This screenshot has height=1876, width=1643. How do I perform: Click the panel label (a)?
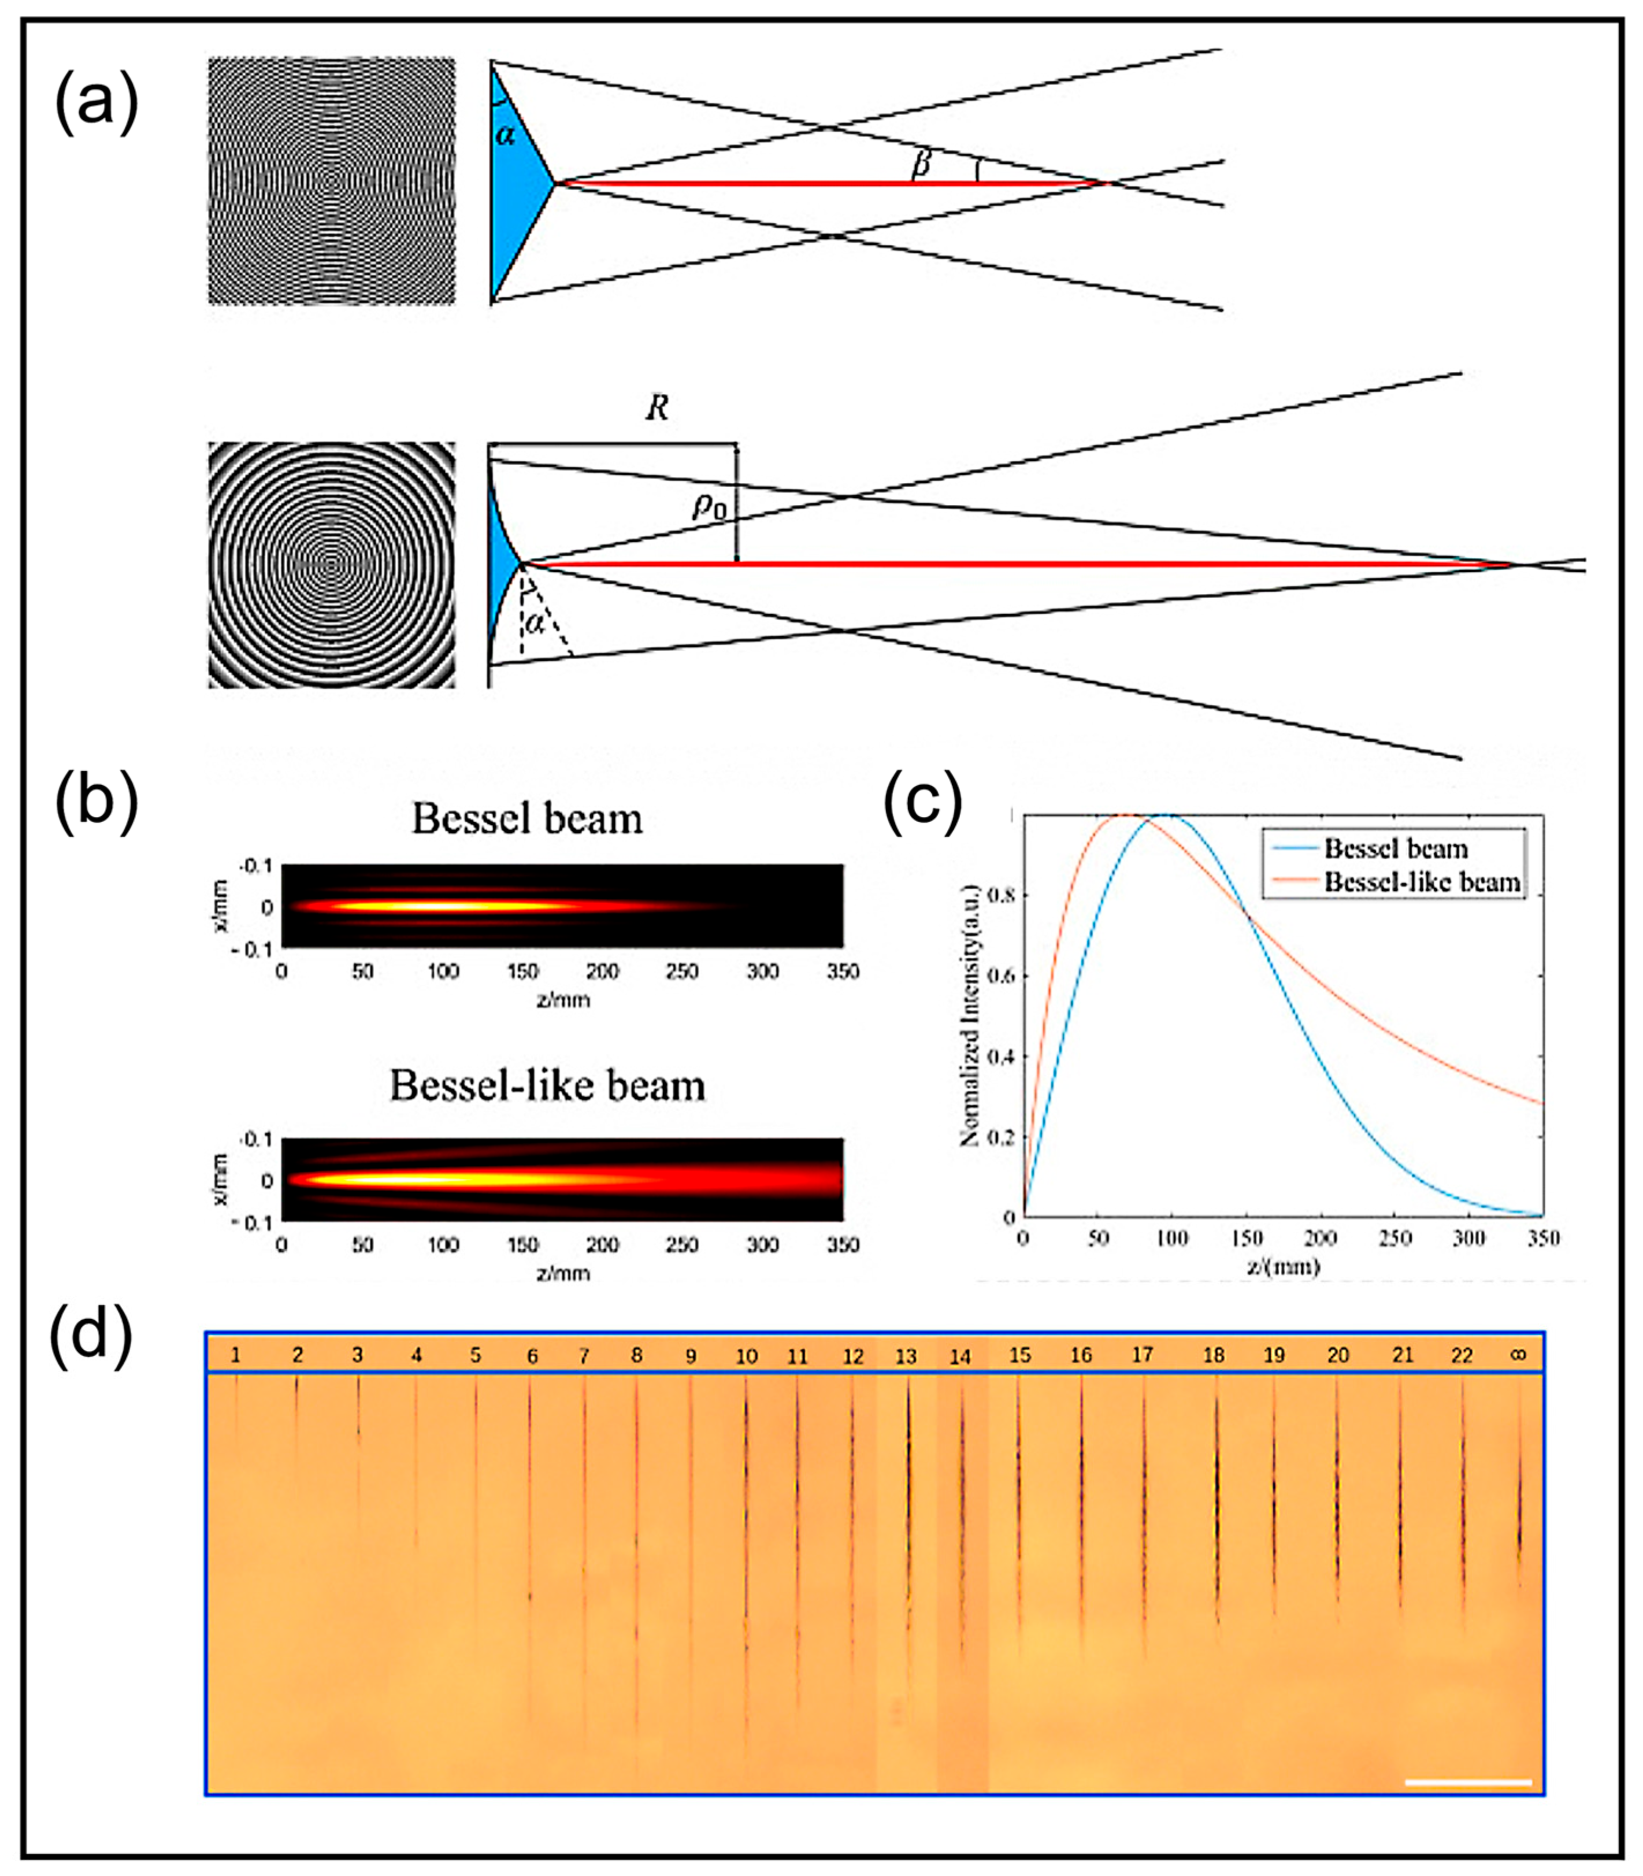click(x=97, y=103)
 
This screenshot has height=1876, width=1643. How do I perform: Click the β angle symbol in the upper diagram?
click(x=921, y=163)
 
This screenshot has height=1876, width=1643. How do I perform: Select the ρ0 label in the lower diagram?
click(x=709, y=506)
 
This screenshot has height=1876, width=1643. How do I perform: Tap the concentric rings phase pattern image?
click(x=331, y=565)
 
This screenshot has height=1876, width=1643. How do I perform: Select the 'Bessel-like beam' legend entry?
click(x=1421, y=882)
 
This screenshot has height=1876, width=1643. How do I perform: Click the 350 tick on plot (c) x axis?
click(x=1543, y=1239)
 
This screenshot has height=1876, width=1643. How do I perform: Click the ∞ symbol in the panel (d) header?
click(x=1518, y=1354)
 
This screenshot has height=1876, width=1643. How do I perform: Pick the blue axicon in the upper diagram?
click(x=518, y=183)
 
